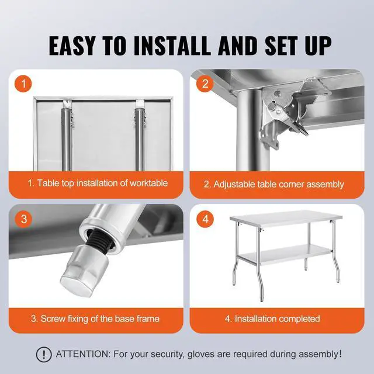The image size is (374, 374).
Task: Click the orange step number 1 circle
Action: (x=23, y=84)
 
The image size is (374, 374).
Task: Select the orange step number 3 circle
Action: (x=23, y=219)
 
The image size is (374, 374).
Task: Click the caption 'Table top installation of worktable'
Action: (x=98, y=183)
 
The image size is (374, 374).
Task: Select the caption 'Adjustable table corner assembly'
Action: (x=273, y=184)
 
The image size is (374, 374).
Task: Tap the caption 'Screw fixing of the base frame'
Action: (x=95, y=319)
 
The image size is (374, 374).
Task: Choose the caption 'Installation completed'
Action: (x=272, y=319)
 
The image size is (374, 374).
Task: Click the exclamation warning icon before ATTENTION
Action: (x=44, y=354)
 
